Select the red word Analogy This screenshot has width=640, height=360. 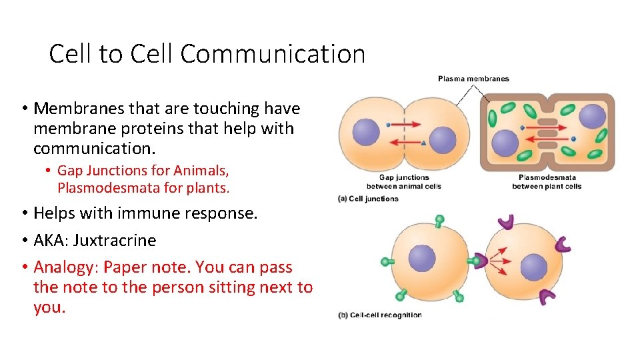point(60,267)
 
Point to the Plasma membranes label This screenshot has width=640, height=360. point(473,79)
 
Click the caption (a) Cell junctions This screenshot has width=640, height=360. point(369,199)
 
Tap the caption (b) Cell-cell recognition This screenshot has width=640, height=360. point(380,315)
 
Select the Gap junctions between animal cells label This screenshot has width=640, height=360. point(403,181)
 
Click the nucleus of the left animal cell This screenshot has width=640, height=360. point(366,131)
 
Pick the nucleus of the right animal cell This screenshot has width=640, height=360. point(443,140)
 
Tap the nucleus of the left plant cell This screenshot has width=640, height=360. point(505,142)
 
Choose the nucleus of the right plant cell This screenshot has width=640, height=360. point(592,117)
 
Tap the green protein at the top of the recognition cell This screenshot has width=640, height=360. point(439,219)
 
